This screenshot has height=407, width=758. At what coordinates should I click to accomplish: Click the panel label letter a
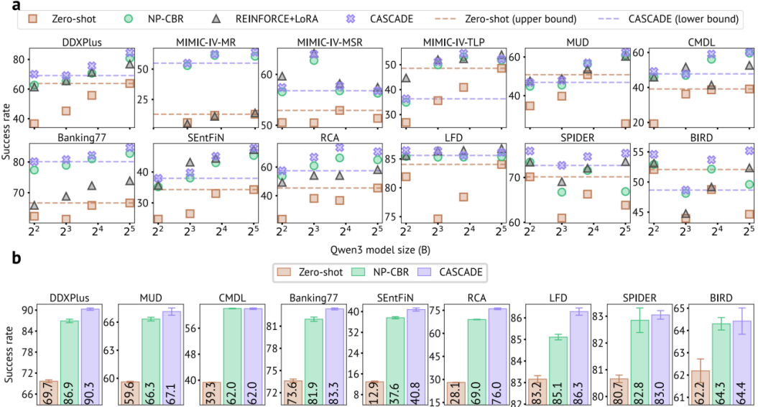pyautogui.click(x=17, y=6)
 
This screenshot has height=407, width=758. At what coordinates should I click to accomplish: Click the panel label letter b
pyautogui.click(x=17, y=258)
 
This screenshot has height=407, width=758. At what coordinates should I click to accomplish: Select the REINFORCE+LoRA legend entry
pyautogui.click(x=264, y=19)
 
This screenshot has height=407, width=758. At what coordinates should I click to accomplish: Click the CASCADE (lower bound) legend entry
pyautogui.click(x=669, y=19)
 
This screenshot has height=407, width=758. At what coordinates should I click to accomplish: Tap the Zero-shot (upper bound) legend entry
pyautogui.click(x=506, y=19)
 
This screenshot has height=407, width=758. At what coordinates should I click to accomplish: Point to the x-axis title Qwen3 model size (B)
pyautogui.click(x=380, y=250)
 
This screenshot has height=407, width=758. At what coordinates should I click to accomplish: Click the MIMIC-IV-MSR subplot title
pyautogui.click(x=330, y=42)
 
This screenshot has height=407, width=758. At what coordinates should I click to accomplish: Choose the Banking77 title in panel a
pyautogui.click(x=82, y=138)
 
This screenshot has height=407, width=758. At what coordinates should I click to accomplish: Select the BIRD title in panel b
pyautogui.click(x=721, y=298)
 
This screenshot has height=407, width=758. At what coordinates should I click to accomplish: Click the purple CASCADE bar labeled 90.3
pyautogui.click(x=90, y=357)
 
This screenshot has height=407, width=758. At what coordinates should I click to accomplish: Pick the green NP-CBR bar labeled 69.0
pyautogui.click(x=476, y=362)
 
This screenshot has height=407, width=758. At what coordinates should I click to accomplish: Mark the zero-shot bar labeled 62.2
pyautogui.click(x=701, y=388)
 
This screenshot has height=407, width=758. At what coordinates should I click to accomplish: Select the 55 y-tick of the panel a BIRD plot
pyautogui.click(x=641, y=152)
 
